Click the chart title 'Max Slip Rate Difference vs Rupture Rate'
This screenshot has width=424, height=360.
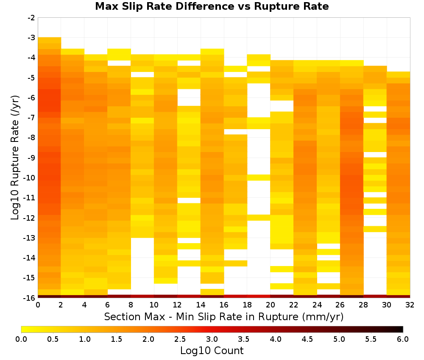(x=212, y=6)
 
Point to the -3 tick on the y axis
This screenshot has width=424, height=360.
(x=31, y=38)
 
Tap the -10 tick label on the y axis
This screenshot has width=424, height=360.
(x=29, y=178)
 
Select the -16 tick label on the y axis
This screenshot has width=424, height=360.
(x=29, y=298)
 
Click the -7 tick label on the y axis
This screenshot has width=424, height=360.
(x=31, y=118)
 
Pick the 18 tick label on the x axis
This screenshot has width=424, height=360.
(x=247, y=305)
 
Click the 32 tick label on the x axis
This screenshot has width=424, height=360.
(x=410, y=305)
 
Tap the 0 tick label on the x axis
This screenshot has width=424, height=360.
(x=38, y=305)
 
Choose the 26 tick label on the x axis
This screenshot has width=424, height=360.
(x=340, y=305)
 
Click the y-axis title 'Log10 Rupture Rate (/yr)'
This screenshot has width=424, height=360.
(x=15, y=158)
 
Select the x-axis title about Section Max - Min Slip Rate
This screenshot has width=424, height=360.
(x=224, y=316)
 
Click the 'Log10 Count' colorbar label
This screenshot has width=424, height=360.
(x=212, y=351)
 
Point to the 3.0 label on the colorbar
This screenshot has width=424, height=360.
(x=212, y=339)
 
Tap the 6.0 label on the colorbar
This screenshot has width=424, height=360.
(x=403, y=339)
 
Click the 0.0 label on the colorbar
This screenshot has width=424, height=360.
(x=21, y=339)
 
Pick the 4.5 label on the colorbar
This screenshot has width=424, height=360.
(x=307, y=339)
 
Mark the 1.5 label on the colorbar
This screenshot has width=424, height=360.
(x=117, y=339)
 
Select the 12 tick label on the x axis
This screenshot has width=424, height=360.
(x=177, y=305)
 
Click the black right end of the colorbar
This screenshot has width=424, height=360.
(x=402, y=329)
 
